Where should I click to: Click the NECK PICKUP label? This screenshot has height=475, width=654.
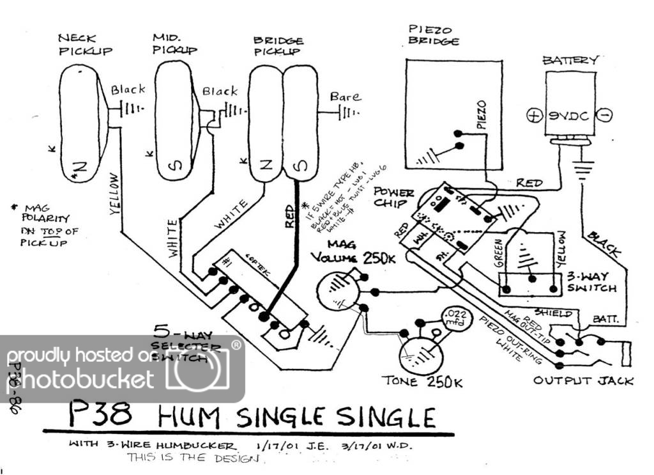85,45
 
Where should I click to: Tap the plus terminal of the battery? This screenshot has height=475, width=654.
533,116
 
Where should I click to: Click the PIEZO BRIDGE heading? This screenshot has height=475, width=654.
434,35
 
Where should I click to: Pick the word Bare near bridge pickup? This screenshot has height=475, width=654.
345,97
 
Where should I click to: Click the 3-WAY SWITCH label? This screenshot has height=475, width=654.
590,283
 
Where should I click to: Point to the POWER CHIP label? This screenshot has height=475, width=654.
393,197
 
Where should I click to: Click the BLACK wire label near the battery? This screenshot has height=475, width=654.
604,242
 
